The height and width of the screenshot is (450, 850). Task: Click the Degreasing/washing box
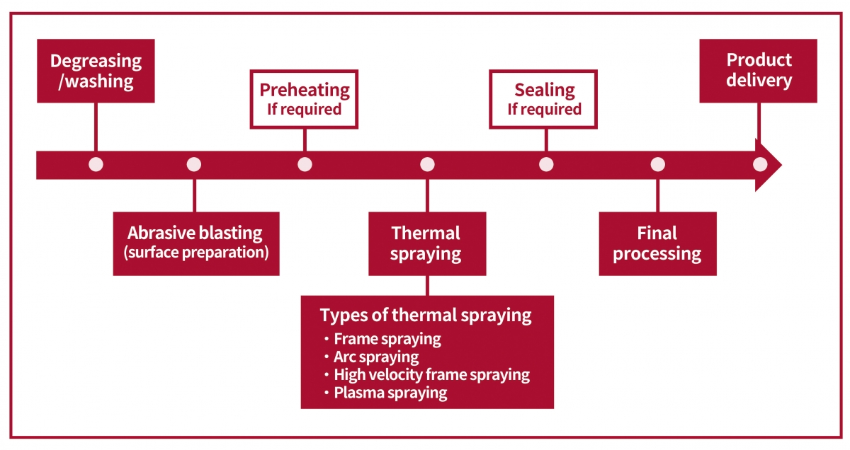point(96,71)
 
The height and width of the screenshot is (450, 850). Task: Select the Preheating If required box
point(304,99)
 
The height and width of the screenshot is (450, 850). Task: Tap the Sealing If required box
point(543,99)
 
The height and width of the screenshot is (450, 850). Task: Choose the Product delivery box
point(758,71)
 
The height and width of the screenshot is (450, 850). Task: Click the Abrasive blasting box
point(196,244)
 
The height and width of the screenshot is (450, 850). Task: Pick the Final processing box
point(657,244)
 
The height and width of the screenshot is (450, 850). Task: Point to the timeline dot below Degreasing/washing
point(96,165)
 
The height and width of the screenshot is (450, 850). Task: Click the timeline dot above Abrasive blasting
point(194,165)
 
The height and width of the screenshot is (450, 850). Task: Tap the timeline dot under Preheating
point(305,165)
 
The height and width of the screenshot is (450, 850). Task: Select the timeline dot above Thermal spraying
point(427,165)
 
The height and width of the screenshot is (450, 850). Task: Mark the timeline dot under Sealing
point(546,165)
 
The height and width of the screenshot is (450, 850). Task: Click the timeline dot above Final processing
point(657,165)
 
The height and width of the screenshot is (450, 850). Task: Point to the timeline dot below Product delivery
point(760,165)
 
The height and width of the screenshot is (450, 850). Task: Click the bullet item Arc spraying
point(376,357)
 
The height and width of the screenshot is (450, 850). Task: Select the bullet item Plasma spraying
point(390,393)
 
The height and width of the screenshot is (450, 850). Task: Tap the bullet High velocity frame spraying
point(432,375)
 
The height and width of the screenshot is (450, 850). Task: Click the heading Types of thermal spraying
point(426,316)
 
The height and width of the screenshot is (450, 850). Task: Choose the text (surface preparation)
point(196,253)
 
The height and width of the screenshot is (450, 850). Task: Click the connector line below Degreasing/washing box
point(96,127)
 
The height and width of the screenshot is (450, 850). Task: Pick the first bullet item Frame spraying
point(387,339)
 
